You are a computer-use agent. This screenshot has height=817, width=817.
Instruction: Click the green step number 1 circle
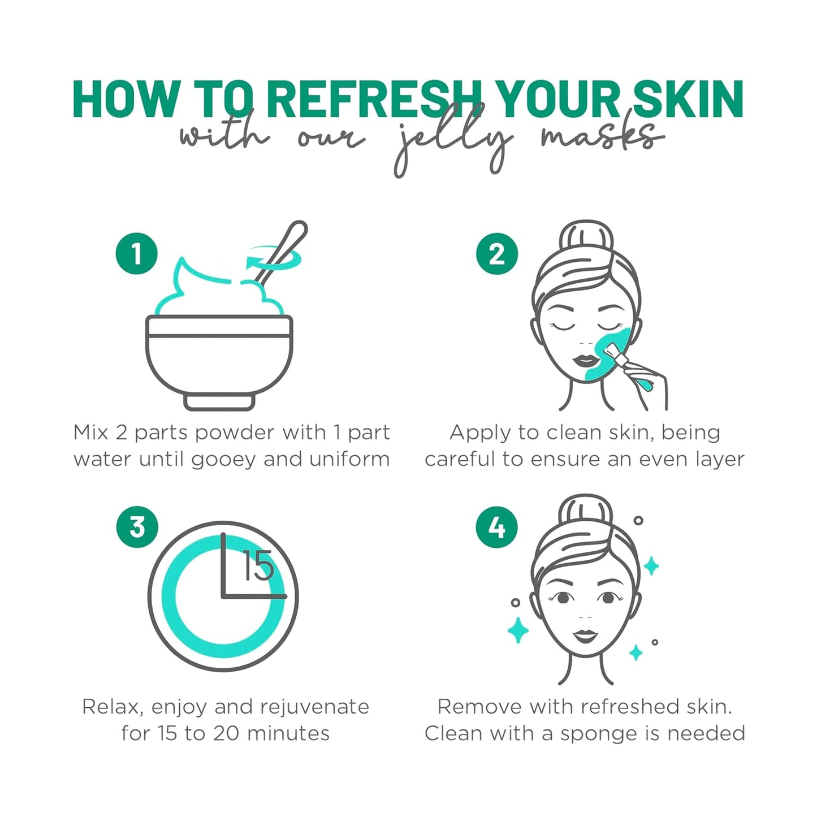point(136,254)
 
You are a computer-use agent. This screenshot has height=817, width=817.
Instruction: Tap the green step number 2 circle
point(497,254)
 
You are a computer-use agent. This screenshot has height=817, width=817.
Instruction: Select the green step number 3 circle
point(137,527)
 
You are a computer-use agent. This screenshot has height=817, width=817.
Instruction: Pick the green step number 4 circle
point(497,527)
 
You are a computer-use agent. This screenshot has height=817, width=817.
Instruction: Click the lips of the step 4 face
point(585,636)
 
